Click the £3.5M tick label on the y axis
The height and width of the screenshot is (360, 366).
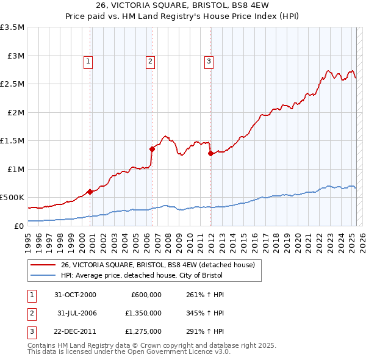coord(12,27)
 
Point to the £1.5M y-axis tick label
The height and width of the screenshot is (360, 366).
coord(12,140)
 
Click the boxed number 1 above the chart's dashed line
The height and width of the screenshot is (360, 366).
coord(88,60)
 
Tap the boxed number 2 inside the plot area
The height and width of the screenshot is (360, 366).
coord(150,60)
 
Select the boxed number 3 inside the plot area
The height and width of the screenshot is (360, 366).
coord(209,60)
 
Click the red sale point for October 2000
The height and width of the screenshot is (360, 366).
coord(90,192)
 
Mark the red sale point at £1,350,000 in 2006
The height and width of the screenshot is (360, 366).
coord(152,148)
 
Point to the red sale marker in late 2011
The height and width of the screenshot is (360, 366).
coord(210,154)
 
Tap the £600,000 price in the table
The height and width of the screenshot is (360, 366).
coord(146,295)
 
